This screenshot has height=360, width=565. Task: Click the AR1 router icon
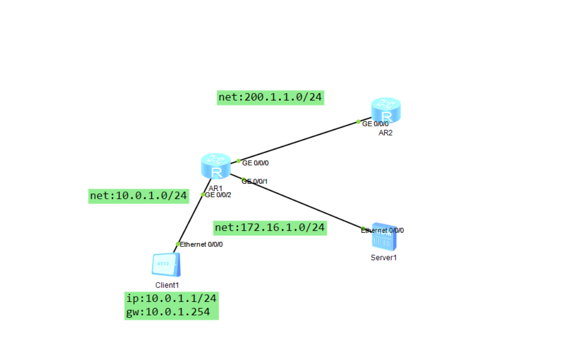215,166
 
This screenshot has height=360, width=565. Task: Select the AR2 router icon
386,110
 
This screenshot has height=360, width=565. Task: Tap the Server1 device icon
383,239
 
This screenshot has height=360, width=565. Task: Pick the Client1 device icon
165,265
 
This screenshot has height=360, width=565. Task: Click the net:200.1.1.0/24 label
270,97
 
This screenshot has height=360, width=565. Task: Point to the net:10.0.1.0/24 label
139,196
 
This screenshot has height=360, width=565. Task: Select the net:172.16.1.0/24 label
270,228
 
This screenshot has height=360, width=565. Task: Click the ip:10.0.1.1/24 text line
171,298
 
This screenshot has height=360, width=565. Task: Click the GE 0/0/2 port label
218,194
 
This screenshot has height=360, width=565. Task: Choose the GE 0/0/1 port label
255,181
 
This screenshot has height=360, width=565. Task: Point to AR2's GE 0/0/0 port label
375,124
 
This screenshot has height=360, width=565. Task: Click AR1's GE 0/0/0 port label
255,163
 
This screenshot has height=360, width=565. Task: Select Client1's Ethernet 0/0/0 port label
201,244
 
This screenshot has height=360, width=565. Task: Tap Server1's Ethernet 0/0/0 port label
383,230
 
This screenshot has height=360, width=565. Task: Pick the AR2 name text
385,133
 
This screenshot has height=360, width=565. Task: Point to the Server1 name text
383,258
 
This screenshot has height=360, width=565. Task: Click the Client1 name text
167,285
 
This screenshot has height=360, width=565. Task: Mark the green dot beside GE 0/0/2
203,194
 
